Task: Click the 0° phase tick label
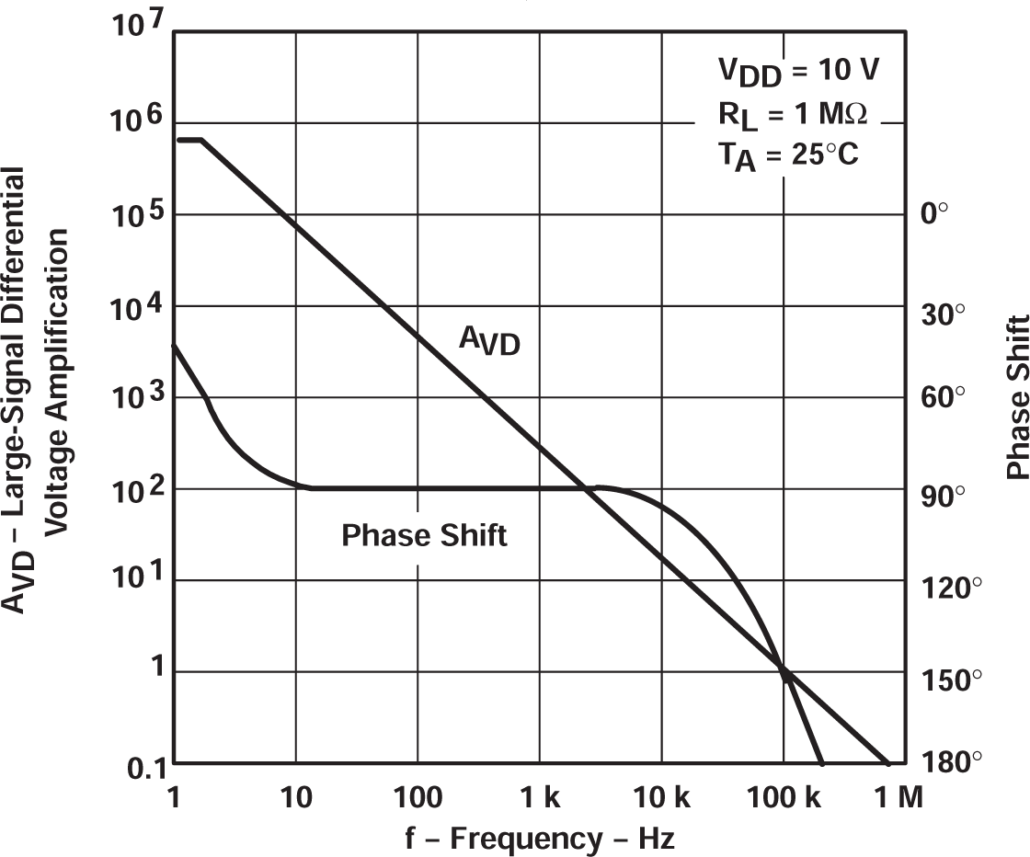coord(933,213)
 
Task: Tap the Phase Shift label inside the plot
coord(424,535)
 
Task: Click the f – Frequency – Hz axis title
coord(540,837)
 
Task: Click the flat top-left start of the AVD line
coord(188,140)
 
